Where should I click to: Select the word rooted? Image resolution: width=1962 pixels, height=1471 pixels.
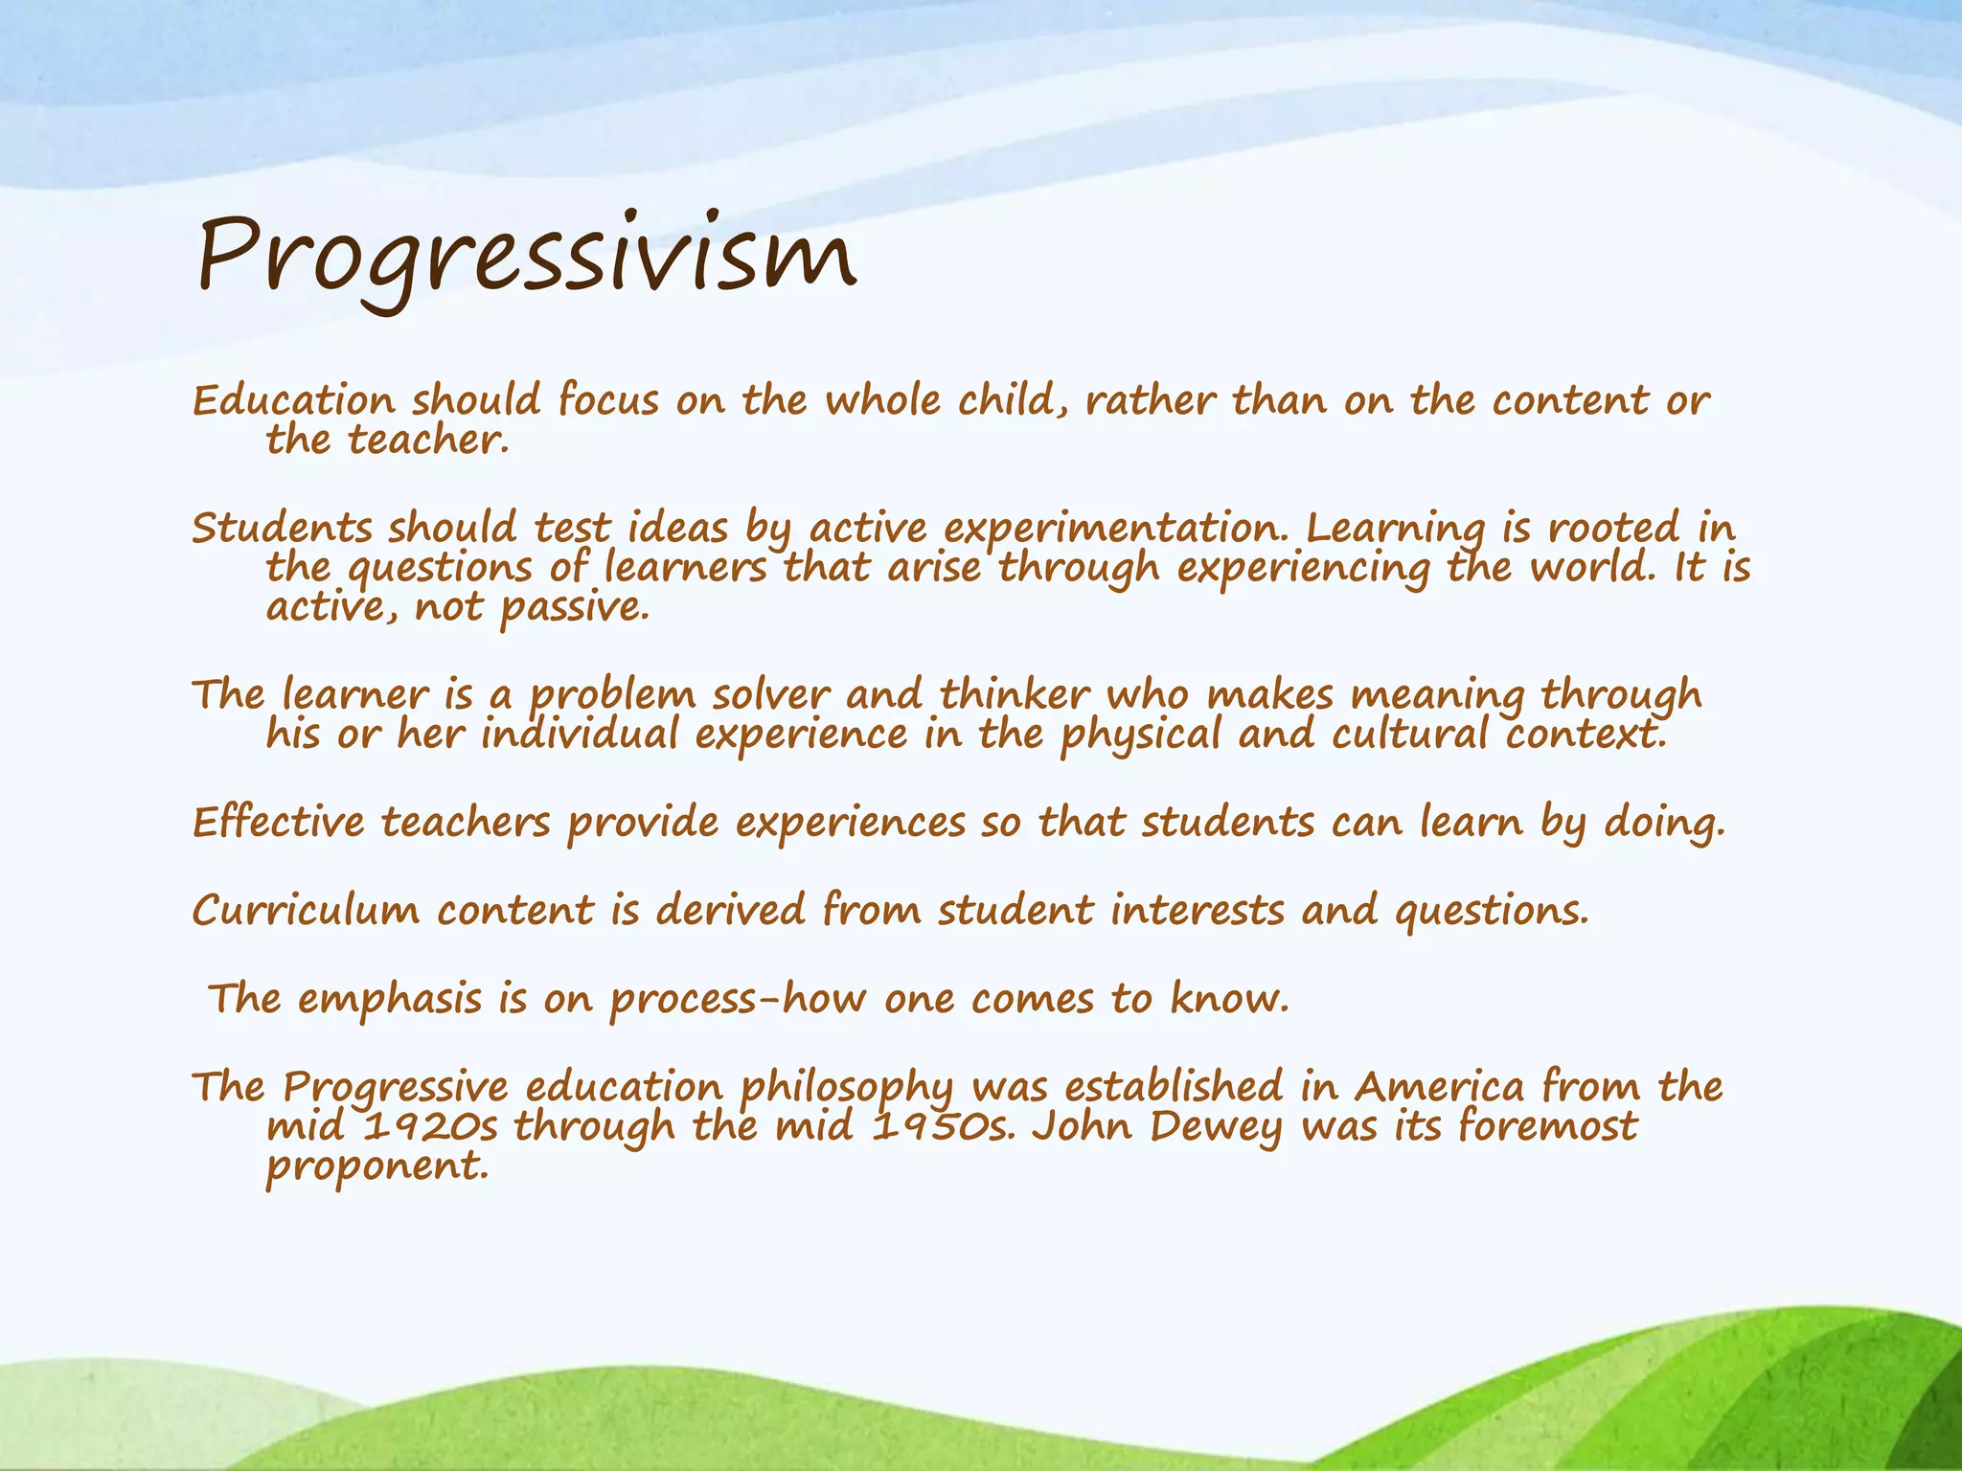pyautogui.click(x=1613, y=529)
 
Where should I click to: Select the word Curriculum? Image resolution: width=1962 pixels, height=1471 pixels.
pyautogui.click(x=306, y=910)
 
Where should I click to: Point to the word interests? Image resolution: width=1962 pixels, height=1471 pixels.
pyautogui.click(x=1197, y=910)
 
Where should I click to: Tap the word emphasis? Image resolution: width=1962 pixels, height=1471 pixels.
pyautogui.click(x=389, y=999)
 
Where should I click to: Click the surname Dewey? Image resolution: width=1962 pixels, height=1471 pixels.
pyautogui.click(x=1215, y=1128)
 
